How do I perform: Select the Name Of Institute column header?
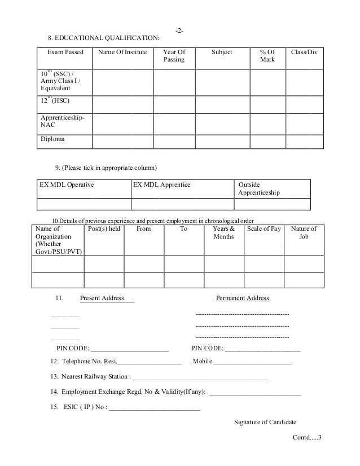(122, 52)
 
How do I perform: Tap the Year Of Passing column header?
(173, 56)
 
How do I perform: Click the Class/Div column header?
(304, 52)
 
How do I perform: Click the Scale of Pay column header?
(264, 229)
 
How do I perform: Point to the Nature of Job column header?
(304, 233)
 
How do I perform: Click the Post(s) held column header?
(105, 229)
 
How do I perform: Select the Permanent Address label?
(243, 298)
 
